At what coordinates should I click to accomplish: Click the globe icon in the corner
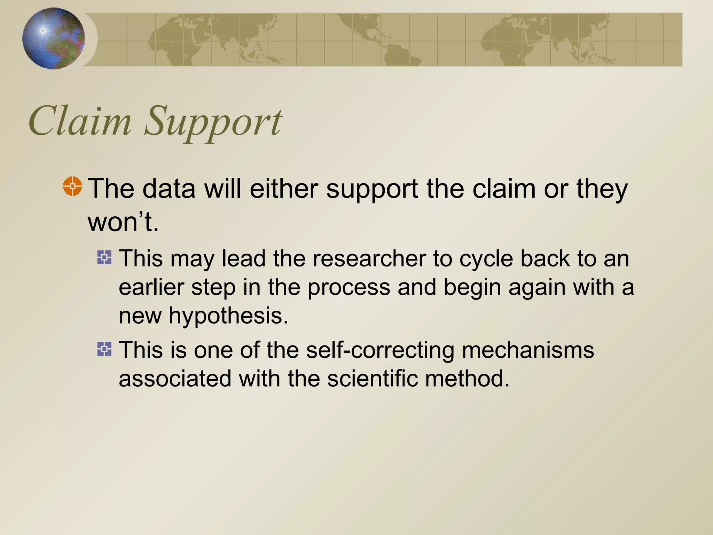point(54,38)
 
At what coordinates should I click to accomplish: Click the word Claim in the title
point(80,121)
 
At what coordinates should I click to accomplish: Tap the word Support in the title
point(212,122)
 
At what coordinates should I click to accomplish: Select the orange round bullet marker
point(72,186)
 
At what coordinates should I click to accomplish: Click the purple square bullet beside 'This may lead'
point(104,258)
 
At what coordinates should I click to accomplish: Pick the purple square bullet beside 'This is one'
point(104,349)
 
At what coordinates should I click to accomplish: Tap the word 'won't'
point(123,222)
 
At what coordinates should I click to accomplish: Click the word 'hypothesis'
point(228,316)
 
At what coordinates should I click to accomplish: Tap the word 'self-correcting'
point(380,350)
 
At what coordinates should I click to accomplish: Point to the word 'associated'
point(175,378)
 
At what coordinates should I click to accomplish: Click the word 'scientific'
point(372,378)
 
